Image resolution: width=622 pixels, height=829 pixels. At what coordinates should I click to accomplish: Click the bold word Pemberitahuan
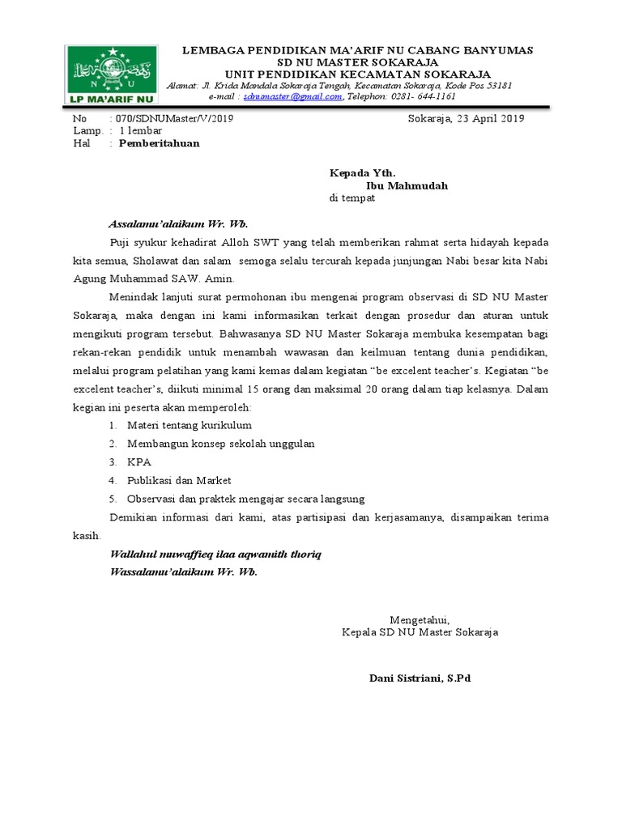(159, 143)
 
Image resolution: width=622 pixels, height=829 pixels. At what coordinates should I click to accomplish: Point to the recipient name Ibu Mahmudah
(407, 185)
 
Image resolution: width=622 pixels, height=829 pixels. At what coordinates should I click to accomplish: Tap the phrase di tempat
(351, 198)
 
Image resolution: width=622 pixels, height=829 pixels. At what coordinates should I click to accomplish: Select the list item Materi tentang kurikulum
(189, 425)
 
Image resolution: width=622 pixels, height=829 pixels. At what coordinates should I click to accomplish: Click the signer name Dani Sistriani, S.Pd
(420, 678)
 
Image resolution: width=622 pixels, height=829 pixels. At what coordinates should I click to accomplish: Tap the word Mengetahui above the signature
(419, 619)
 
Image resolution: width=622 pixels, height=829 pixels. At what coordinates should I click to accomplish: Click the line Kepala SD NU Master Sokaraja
(420, 631)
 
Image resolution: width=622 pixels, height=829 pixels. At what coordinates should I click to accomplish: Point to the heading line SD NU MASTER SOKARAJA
(357, 62)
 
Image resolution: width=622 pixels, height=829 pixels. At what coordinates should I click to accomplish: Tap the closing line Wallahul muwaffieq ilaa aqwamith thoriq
(215, 555)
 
